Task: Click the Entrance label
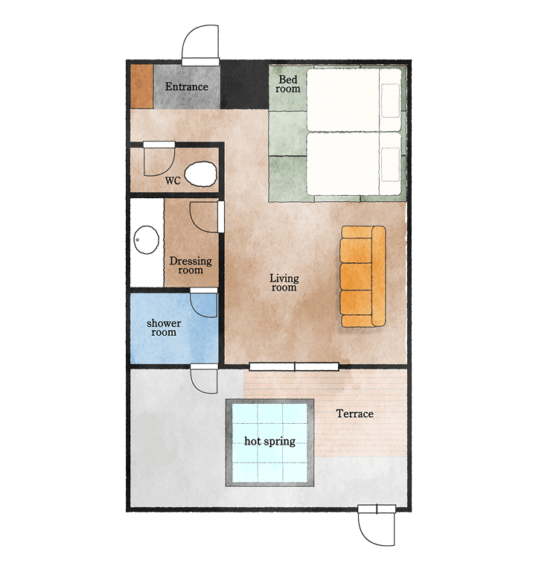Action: click(186, 87)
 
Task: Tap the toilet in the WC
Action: click(201, 174)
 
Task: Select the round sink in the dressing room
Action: click(146, 240)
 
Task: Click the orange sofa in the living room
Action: click(363, 276)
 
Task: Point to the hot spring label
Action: click(269, 442)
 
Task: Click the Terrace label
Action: click(355, 413)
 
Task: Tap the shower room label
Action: click(164, 328)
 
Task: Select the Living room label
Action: click(284, 283)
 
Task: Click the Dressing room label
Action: click(191, 265)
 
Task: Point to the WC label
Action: click(173, 180)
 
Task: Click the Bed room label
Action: click(288, 84)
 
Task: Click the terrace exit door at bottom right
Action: click(376, 525)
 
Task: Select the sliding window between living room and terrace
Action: click(294, 366)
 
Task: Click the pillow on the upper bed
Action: click(391, 101)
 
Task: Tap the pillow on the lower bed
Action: click(391, 164)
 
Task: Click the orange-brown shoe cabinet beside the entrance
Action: click(142, 86)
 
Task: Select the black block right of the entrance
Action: click(245, 86)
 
